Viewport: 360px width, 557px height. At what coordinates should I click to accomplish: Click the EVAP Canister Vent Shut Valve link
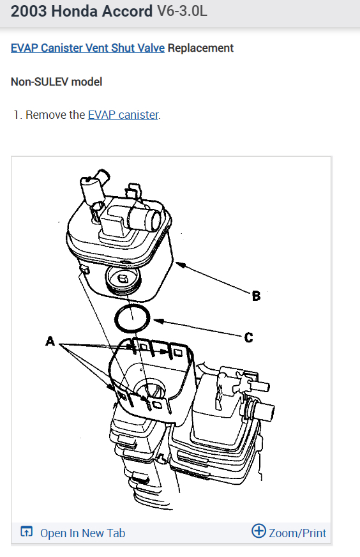[87, 48]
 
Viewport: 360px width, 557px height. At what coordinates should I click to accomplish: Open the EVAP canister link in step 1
[123, 115]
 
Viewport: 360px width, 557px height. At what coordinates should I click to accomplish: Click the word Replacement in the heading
[200, 48]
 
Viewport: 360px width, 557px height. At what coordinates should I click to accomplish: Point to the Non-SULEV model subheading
[56, 82]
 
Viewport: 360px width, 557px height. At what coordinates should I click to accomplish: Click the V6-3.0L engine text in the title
[182, 11]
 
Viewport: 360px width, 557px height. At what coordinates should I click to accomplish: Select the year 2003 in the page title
[29, 11]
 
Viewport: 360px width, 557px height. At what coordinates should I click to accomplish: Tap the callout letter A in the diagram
[50, 341]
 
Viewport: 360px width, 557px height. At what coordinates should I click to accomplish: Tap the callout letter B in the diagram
[256, 296]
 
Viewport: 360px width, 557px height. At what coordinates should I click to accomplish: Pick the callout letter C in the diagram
[248, 337]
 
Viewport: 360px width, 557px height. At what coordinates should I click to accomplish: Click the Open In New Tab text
[83, 533]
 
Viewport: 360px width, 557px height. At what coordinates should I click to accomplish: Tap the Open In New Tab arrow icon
[27, 531]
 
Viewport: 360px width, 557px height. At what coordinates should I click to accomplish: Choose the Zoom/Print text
[297, 533]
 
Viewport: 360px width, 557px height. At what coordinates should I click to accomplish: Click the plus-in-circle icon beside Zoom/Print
[259, 531]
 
